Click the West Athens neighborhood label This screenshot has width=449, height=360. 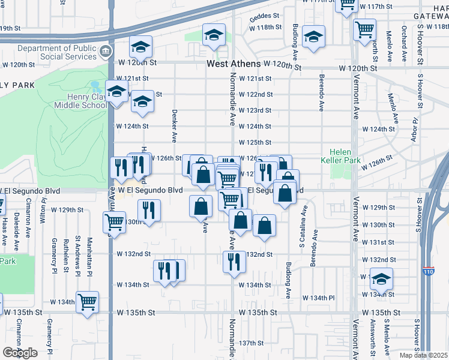coord(234,64)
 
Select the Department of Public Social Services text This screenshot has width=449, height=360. coord(57,52)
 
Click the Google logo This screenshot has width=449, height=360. coord(20,353)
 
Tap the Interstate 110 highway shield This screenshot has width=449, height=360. coord(428,271)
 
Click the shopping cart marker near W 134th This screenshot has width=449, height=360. coord(88,302)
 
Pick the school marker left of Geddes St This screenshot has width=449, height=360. coord(213,35)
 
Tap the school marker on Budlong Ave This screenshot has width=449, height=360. coord(313,37)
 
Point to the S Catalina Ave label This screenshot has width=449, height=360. coord(303,228)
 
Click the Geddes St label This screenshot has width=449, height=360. coord(265,16)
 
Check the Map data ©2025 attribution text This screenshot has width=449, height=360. coord(423,355)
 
